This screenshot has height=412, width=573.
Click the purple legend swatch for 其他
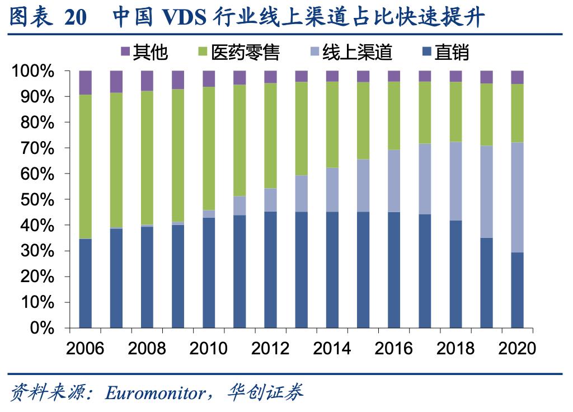pyautogui.click(x=125, y=52)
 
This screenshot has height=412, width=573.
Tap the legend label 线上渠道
pyautogui.click(x=357, y=52)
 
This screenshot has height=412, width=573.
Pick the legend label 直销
pyautogui.click(x=452, y=52)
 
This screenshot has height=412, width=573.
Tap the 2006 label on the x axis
pyautogui.click(x=85, y=348)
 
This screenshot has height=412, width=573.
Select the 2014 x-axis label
pyautogui.click(x=332, y=348)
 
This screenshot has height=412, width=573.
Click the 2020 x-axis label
pyautogui.click(x=517, y=348)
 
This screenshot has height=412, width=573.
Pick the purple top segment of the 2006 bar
pyautogui.click(x=85, y=83)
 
